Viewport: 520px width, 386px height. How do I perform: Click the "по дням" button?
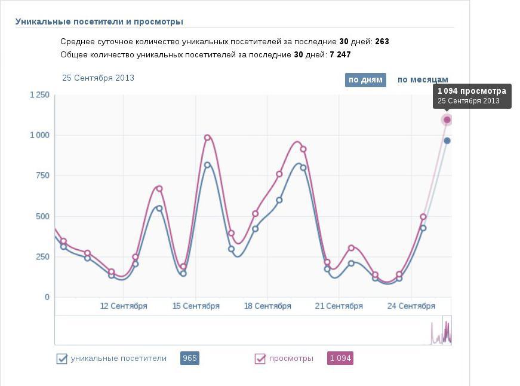[365, 80]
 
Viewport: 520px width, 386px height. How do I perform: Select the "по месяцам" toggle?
[423, 80]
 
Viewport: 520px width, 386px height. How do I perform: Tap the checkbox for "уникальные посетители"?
[61, 359]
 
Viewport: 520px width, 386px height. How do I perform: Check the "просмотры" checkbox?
[260, 359]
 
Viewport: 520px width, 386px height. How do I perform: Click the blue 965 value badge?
[190, 359]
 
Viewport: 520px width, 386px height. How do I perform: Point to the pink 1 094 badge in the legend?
[340, 359]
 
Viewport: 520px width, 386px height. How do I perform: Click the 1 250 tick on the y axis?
[39, 95]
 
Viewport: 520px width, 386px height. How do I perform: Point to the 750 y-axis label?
[42, 176]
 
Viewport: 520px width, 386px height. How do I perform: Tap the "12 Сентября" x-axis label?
[124, 307]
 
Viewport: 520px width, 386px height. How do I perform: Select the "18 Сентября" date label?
[267, 307]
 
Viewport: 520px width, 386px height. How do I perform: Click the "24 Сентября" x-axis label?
[411, 307]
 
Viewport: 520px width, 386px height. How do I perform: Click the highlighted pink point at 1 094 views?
[447, 120]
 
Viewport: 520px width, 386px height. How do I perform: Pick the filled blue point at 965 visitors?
[447, 141]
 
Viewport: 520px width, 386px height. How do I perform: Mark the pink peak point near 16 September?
[207, 137]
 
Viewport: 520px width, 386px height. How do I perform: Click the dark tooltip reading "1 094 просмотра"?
[472, 96]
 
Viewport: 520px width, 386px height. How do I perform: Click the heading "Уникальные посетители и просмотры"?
[99, 22]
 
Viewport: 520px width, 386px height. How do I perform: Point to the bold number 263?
[382, 42]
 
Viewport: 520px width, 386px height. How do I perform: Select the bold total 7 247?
[340, 54]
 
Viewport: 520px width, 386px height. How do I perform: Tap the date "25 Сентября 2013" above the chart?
[98, 78]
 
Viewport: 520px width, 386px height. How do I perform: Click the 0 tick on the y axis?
[47, 298]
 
